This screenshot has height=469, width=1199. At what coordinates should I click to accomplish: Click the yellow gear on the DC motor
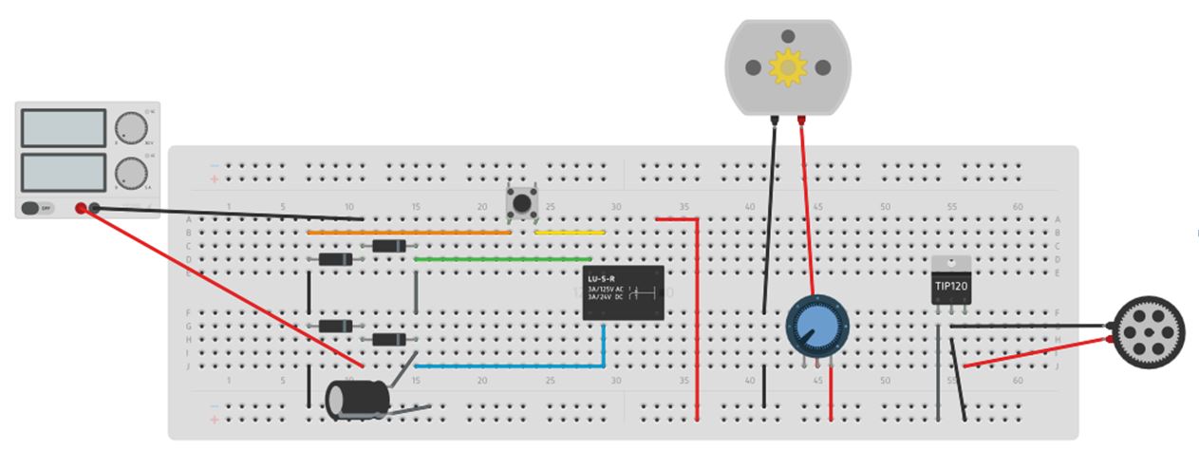click(787, 67)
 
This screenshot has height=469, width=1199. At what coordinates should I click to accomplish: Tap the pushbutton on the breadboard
click(520, 201)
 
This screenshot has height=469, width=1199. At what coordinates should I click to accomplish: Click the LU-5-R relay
click(623, 292)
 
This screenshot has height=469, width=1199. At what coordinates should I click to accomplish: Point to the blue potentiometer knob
click(815, 326)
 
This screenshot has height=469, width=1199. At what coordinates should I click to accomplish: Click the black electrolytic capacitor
click(357, 399)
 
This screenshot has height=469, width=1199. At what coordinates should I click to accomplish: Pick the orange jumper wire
click(408, 232)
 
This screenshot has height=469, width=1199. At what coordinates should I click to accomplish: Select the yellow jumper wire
click(570, 232)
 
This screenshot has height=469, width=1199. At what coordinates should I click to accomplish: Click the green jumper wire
click(503, 258)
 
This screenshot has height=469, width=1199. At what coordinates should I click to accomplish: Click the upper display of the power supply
click(63, 128)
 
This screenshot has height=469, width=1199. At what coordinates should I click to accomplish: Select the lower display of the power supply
click(63, 172)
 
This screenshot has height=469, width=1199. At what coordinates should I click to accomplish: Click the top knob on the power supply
click(131, 128)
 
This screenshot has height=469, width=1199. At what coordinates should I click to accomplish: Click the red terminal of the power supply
click(81, 208)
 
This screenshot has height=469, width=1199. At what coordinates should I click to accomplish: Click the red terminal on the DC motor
click(802, 120)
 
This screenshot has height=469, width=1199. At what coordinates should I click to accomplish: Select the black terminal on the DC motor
click(776, 120)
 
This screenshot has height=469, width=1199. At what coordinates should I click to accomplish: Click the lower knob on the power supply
click(131, 174)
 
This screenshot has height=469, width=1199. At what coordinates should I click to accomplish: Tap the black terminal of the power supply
click(95, 208)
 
